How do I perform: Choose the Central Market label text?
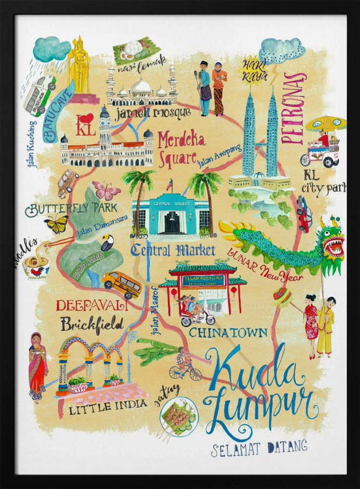click(173, 251)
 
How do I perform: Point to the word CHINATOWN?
click(228, 333)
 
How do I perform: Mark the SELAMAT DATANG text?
click(259, 447)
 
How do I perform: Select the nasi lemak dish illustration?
click(135, 48)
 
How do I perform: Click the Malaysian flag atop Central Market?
click(169, 185)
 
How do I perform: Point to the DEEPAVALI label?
click(92, 306)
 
